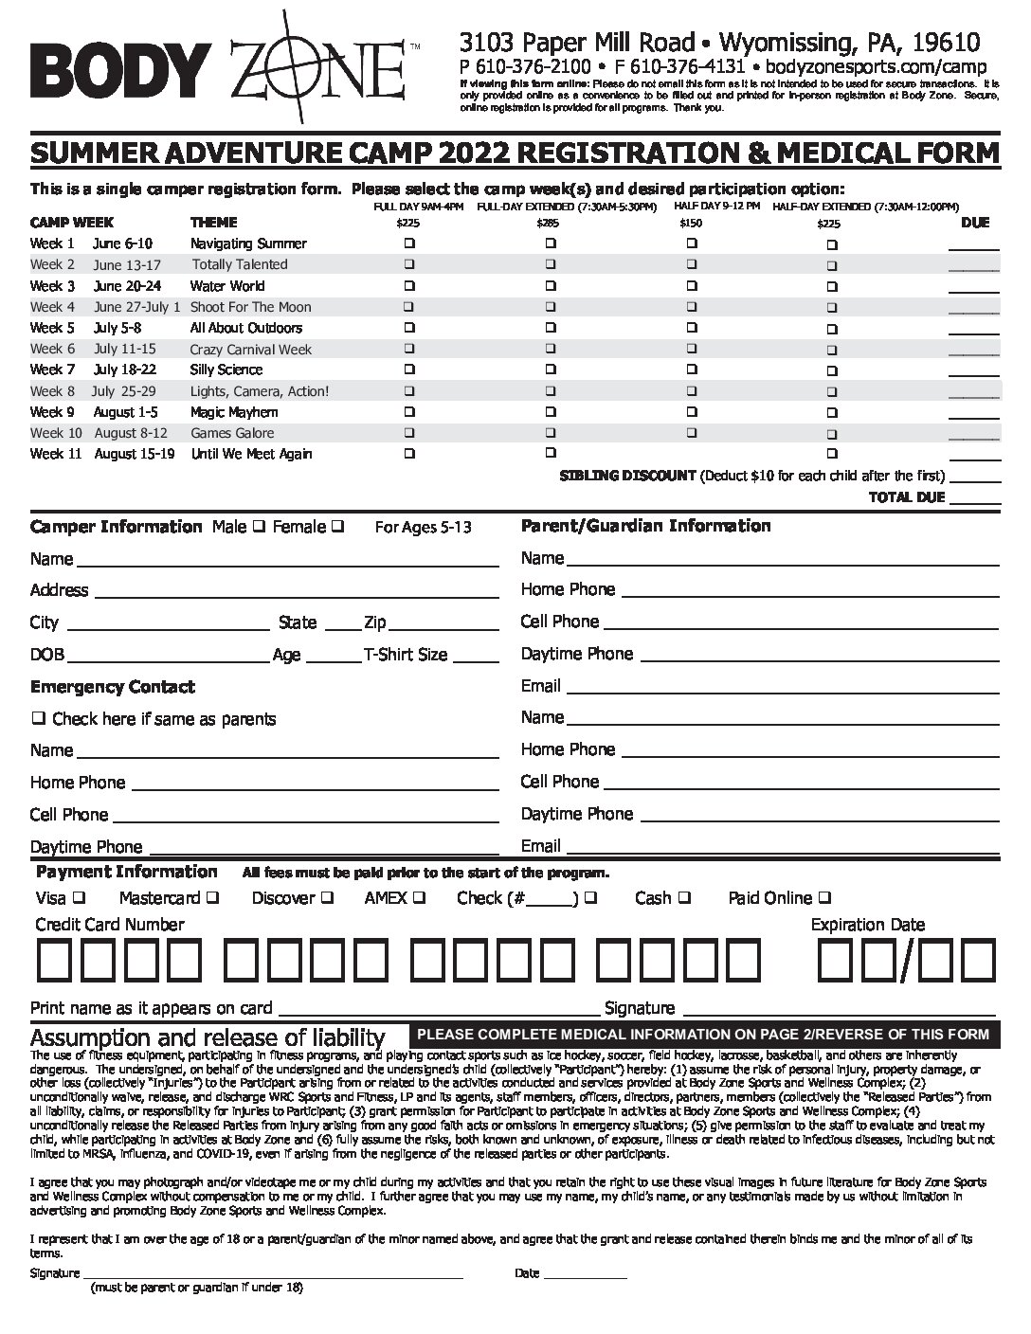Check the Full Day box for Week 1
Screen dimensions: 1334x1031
tap(409, 243)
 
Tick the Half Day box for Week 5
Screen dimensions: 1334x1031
tap(692, 328)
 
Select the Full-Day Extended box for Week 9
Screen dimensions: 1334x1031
tap(550, 412)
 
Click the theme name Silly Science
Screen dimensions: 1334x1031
tap(226, 370)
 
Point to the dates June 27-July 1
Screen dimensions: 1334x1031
tap(136, 307)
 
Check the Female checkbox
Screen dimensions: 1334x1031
tap(338, 527)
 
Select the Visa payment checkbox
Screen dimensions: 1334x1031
tap(80, 897)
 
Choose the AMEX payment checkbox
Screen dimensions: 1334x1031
tap(419, 897)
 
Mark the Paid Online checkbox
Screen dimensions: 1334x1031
tap(824, 897)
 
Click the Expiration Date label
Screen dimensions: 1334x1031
tap(867, 925)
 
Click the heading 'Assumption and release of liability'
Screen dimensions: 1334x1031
tap(208, 1037)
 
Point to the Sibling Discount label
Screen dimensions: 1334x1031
tap(627, 476)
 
